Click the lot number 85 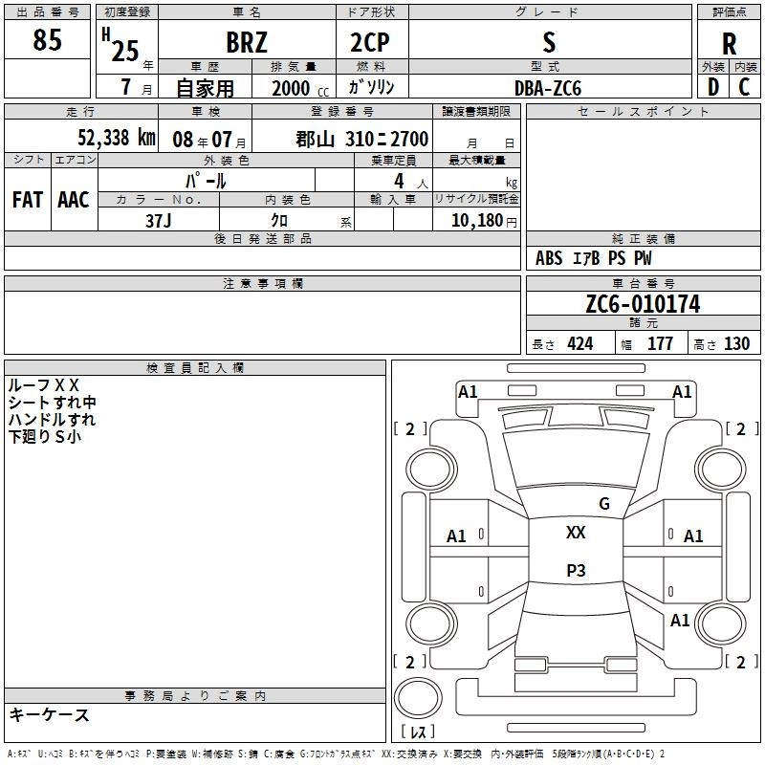(x=47, y=41)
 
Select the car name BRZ (x=246, y=43)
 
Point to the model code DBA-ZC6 (x=548, y=88)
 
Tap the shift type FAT (x=27, y=200)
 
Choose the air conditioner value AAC (x=73, y=200)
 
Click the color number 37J (x=159, y=220)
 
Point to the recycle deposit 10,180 (x=475, y=221)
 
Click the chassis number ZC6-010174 (x=643, y=305)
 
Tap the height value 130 (x=736, y=344)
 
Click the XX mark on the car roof (x=576, y=533)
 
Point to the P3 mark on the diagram (x=576, y=571)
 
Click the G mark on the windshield (x=603, y=504)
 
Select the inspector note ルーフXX (x=44, y=384)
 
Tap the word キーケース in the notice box (x=49, y=714)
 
